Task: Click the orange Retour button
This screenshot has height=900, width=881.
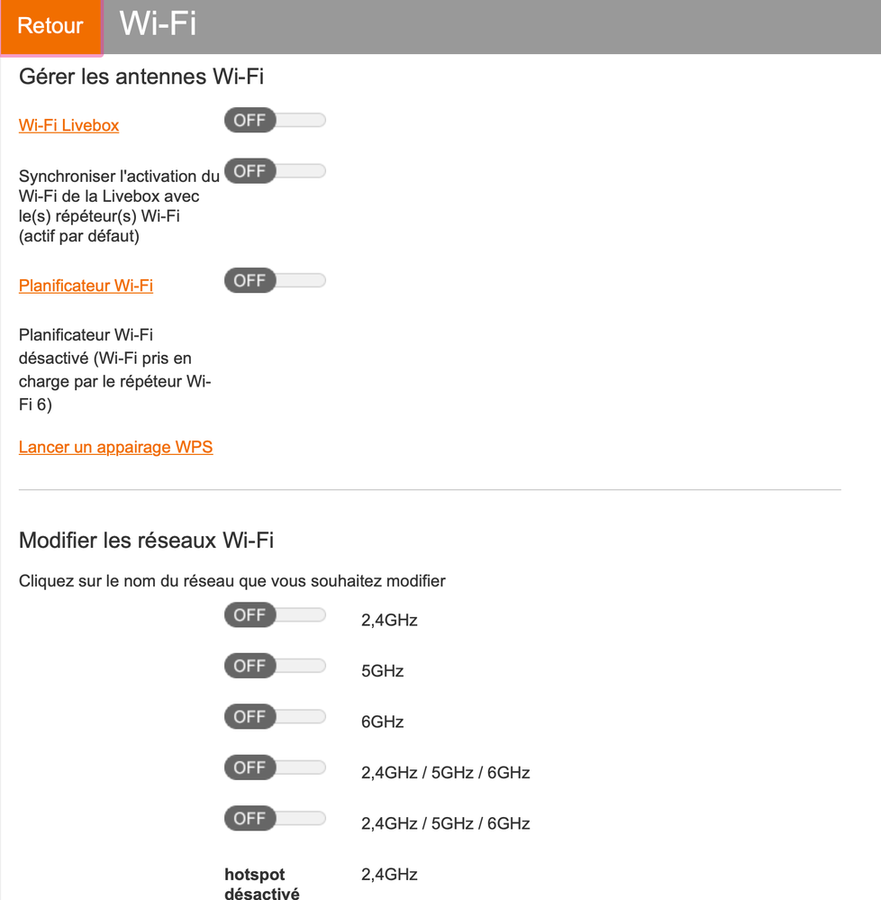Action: pos(51,26)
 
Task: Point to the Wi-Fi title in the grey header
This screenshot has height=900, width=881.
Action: pos(158,23)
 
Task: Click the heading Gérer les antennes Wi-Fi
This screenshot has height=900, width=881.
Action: pos(141,77)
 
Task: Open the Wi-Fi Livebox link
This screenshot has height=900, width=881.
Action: pos(68,125)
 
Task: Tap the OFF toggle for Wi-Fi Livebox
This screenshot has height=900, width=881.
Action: pos(275,120)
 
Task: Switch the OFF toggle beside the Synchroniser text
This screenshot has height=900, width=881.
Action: pos(275,171)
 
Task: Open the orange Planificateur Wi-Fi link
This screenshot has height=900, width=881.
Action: pos(86,286)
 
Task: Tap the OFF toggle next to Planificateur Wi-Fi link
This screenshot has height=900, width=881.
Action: pos(275,281)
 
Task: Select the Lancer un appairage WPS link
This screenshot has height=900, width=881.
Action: pos(116,447)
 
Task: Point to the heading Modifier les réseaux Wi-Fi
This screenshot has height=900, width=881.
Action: pos(146,541)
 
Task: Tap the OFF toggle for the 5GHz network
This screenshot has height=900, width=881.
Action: pos(275,666)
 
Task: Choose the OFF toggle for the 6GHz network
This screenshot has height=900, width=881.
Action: pos(275,717)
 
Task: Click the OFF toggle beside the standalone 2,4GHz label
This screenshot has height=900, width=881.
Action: pos(275,615)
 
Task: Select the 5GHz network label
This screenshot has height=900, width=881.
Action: pos(382,671)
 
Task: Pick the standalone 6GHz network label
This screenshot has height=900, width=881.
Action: pos(382,722)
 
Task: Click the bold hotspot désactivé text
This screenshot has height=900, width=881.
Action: pos(262,884)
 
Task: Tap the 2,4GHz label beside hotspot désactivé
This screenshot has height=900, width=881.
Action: pos(389,874)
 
